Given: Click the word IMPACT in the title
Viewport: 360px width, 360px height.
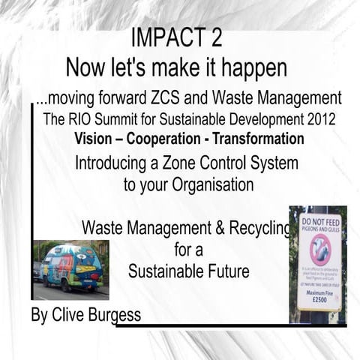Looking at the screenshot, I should click(166, 37).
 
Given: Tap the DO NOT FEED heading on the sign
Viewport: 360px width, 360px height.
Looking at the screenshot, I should click(319, 222).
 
